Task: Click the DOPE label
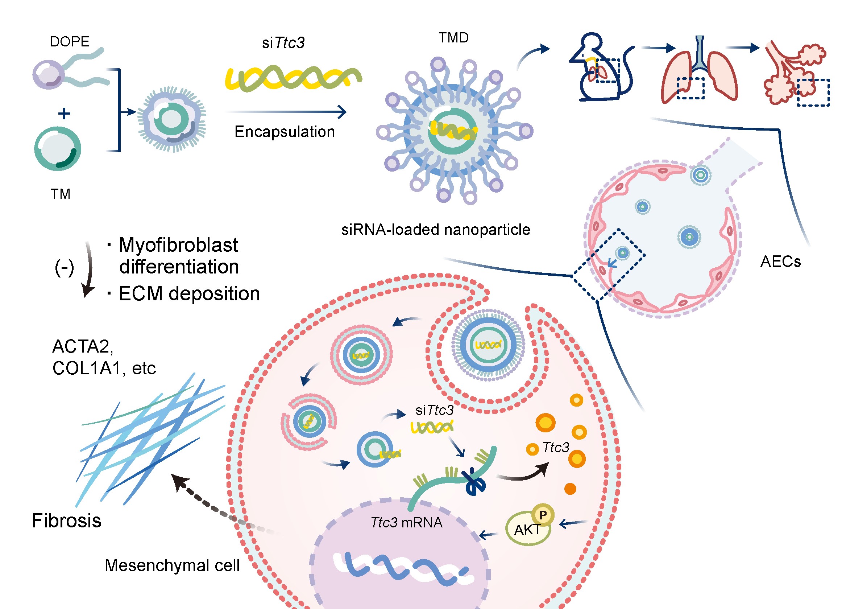click(70, 42)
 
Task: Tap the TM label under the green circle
click(61, 194)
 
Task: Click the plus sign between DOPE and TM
click(64, 113)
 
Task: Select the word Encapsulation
click(285, 132)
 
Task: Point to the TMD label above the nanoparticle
click(454, 38)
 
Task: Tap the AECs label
click(780, 262)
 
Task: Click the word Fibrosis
click(66, 520)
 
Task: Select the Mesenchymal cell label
click(172, 565)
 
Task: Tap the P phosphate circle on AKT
click(543, 515)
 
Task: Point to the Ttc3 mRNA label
click(406, 523)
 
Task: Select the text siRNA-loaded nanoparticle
click(435, 230)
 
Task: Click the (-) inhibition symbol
click(64, 267)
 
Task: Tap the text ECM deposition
click(188, 293)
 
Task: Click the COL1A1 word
click(86, 368)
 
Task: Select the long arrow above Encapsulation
click(286, 111)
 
